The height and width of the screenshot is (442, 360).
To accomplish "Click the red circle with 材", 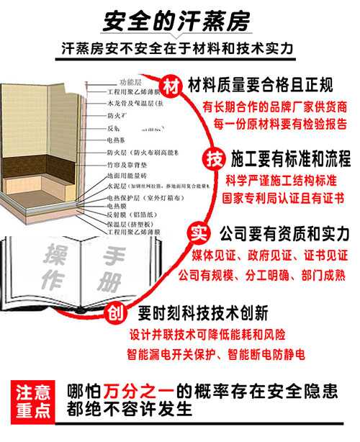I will (x=171, y=86).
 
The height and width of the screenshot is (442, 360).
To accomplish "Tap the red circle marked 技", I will (x=213, y=158).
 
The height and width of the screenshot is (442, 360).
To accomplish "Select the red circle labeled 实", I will (x=197, y=234).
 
